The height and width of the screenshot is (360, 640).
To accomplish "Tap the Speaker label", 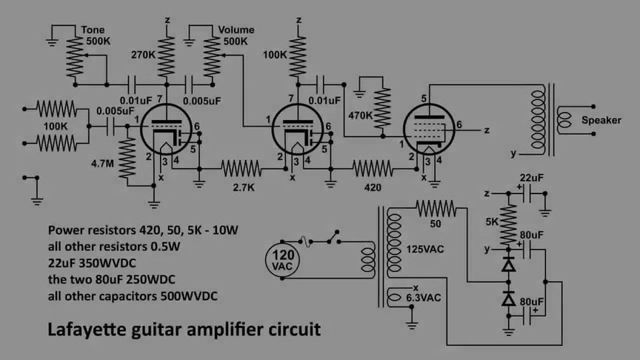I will (x=601, y=120).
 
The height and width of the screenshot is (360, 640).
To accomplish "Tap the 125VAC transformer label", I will (x=425, y=249).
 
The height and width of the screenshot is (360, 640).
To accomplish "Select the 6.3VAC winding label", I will (x=424, y=299).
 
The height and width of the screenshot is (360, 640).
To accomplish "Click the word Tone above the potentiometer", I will (x=93, y=30).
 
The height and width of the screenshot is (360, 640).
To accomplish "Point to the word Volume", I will (x=236, y=30).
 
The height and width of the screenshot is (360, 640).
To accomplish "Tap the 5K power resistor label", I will (x=493, y=221).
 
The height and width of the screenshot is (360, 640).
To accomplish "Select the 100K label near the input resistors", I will (x=56, y=127).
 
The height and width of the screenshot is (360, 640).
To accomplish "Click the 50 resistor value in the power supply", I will (x=436, y=223).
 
